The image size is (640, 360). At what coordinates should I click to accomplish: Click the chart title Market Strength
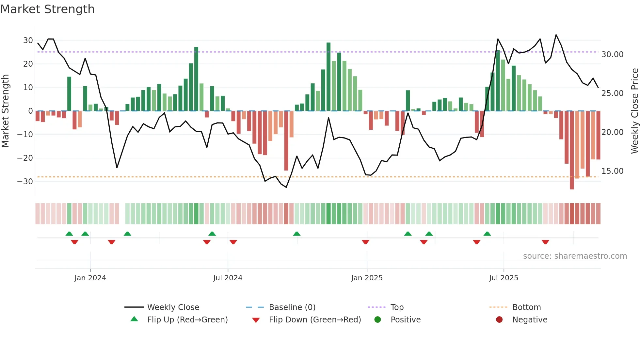47,9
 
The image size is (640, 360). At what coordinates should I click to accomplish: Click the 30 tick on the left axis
28,41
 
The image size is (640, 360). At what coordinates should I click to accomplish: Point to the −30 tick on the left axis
25,182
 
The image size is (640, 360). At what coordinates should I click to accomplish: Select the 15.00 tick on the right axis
612,171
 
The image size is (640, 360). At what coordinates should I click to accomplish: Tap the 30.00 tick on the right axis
612,55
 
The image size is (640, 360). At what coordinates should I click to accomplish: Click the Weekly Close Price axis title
634,111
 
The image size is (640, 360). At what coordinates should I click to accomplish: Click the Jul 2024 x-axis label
228,278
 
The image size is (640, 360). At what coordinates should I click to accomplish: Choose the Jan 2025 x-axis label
367,278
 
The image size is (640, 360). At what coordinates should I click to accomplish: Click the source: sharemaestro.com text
575,256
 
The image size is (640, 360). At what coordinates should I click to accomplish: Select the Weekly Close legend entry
173,307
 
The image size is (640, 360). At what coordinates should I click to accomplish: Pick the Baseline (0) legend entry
292,307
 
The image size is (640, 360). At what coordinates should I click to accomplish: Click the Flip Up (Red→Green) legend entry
187,320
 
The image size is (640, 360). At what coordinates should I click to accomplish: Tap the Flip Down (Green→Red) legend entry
315,320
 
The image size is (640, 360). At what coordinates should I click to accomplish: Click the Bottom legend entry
526,307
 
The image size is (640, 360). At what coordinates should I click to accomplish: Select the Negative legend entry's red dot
499,320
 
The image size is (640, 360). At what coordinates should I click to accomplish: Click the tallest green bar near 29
328,77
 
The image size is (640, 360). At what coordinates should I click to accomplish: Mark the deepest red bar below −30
572,150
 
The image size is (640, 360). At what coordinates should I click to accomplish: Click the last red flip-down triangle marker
545,242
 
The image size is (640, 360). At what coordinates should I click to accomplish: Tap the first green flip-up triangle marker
69,234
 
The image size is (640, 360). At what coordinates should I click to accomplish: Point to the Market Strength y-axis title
5,111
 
